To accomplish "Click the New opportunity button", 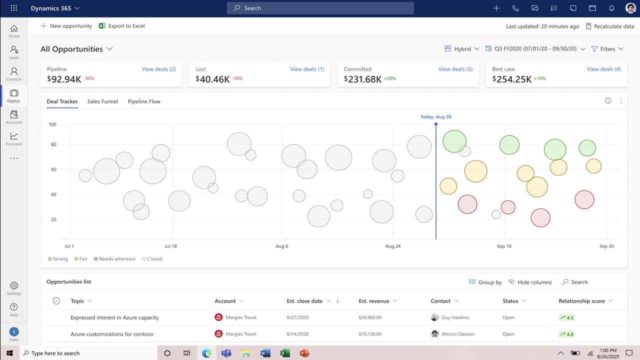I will coord(66,26).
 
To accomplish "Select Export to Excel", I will coord(122,26).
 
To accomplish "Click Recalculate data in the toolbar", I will coord(610,26).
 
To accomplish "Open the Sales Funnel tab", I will coord(102,101).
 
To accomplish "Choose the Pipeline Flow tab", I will coord(144,101).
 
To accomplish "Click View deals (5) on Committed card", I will coord(455,69).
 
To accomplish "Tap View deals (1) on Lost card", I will coord(307,69).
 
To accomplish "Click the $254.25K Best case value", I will coord(511,79).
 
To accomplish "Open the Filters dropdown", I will coord(607,49).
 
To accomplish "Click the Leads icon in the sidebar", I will coord(14,52).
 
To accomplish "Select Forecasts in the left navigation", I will coord(14,138).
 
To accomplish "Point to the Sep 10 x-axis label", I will coord(504,246).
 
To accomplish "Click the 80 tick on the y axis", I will coord(53,144).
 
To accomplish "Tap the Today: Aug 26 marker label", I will coord(435,116).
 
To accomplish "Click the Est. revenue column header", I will coord(374,301).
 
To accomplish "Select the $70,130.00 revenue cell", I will coord(370,334).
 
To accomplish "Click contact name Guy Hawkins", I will coord(455,317).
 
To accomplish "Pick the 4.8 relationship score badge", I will coord(567,334).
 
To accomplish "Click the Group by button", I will coord(485,282).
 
